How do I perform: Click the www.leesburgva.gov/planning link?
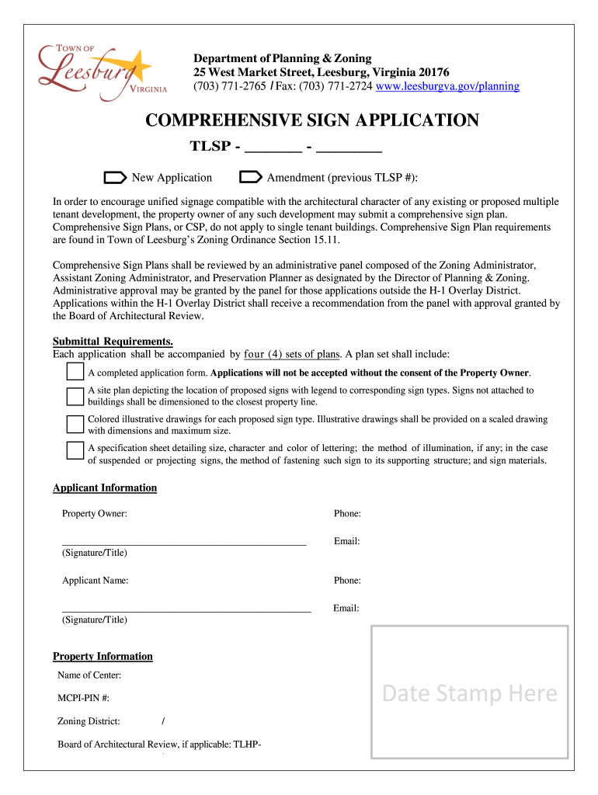(447, 86)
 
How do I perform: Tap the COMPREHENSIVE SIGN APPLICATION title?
(312, 120)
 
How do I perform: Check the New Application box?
(115, 178)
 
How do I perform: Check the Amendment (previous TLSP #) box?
(251, 178)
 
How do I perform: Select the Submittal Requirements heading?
(113, 342)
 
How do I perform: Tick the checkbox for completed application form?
(75, 372)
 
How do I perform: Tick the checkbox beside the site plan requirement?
(75, 396)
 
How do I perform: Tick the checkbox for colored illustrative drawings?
(75, 424)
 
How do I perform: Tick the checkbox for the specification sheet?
(75, 450)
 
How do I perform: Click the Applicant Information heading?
(105, 488)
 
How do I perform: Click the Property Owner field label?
(95, 514)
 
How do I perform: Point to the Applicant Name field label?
(96, 581)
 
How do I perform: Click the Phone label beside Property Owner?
(347, 514)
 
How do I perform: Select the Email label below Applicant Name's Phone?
(346, 609)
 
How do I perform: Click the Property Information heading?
(103, 657)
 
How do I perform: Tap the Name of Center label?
(89, 675)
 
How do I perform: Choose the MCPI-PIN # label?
(83, 699)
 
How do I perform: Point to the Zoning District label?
(89, 722)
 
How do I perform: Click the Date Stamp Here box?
(469, 693)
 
